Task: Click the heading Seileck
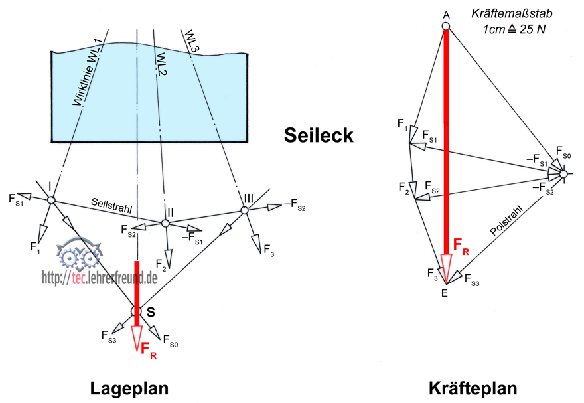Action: (x=318, y=135)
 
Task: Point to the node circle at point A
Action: (x=446, y=26)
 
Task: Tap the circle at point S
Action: (x=136, y=311)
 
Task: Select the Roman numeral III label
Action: (x=248, y=198)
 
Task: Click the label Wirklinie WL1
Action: (x=86, y=73)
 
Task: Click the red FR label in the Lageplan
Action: (x=149, y=349)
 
